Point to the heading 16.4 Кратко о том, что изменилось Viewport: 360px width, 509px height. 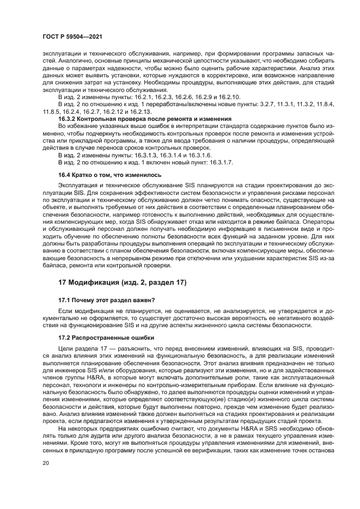pos(109,175)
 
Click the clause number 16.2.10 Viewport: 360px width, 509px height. pos(200,96)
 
